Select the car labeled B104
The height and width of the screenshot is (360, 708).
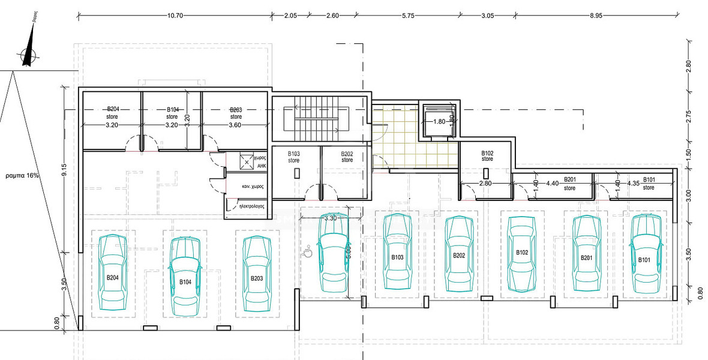[185, 275]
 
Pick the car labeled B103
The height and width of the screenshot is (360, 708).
[397, 251]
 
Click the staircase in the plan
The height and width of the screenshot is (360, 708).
[316, 117]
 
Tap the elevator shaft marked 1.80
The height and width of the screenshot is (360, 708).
[440, 121]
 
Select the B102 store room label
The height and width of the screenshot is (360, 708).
[487, 156]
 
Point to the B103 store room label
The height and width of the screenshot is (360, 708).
[293, 157]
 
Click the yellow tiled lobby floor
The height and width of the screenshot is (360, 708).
[414, 144]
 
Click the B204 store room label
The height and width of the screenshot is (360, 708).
[113, 112]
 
